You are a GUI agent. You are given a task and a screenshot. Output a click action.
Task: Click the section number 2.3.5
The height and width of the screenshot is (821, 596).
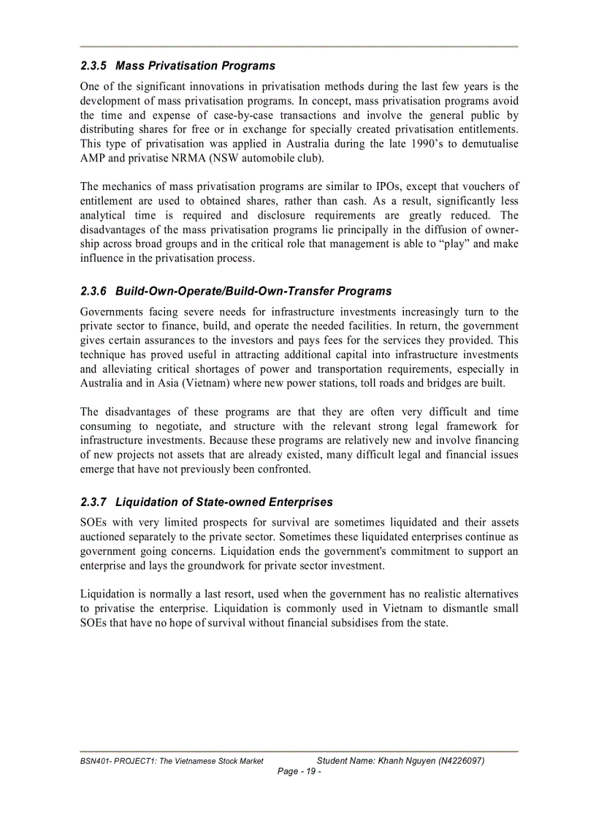click(95, 66)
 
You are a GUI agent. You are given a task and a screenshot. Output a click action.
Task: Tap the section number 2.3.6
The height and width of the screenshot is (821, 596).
click(95, 291)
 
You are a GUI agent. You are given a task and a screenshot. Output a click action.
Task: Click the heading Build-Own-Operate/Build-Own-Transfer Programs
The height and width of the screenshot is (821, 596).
click(253, 291)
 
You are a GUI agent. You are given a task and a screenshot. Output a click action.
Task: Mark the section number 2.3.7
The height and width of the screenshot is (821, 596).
click(95, 502)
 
